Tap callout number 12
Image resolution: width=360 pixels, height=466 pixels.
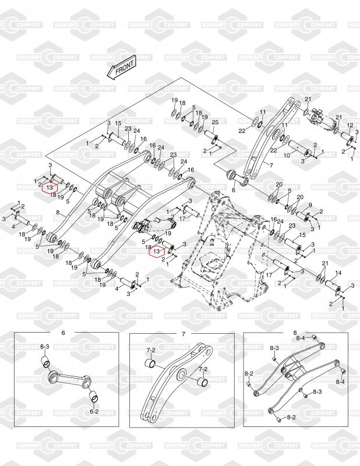click(x=350, y=126)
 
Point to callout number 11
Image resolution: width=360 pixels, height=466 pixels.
click(x=263, y=112)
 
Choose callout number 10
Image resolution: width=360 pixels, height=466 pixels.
click(x=287, y=156)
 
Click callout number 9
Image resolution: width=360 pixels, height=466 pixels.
click(x=310, y=204)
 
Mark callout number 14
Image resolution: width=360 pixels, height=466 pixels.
click(x=338, y=273)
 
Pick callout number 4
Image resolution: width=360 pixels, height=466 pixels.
click(x=14, y=225)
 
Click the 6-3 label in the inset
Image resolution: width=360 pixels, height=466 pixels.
click(x=45, y=347)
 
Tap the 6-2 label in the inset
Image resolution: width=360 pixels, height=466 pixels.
click(x=94, y=411)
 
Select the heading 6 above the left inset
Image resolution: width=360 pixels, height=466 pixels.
click(x=63, y=333)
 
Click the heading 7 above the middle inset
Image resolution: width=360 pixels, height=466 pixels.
click(x=183, y=333)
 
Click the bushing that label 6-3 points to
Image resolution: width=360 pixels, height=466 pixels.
click(x=43, y=365)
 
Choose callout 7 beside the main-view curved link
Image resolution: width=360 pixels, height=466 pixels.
click(x=271, y=165)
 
